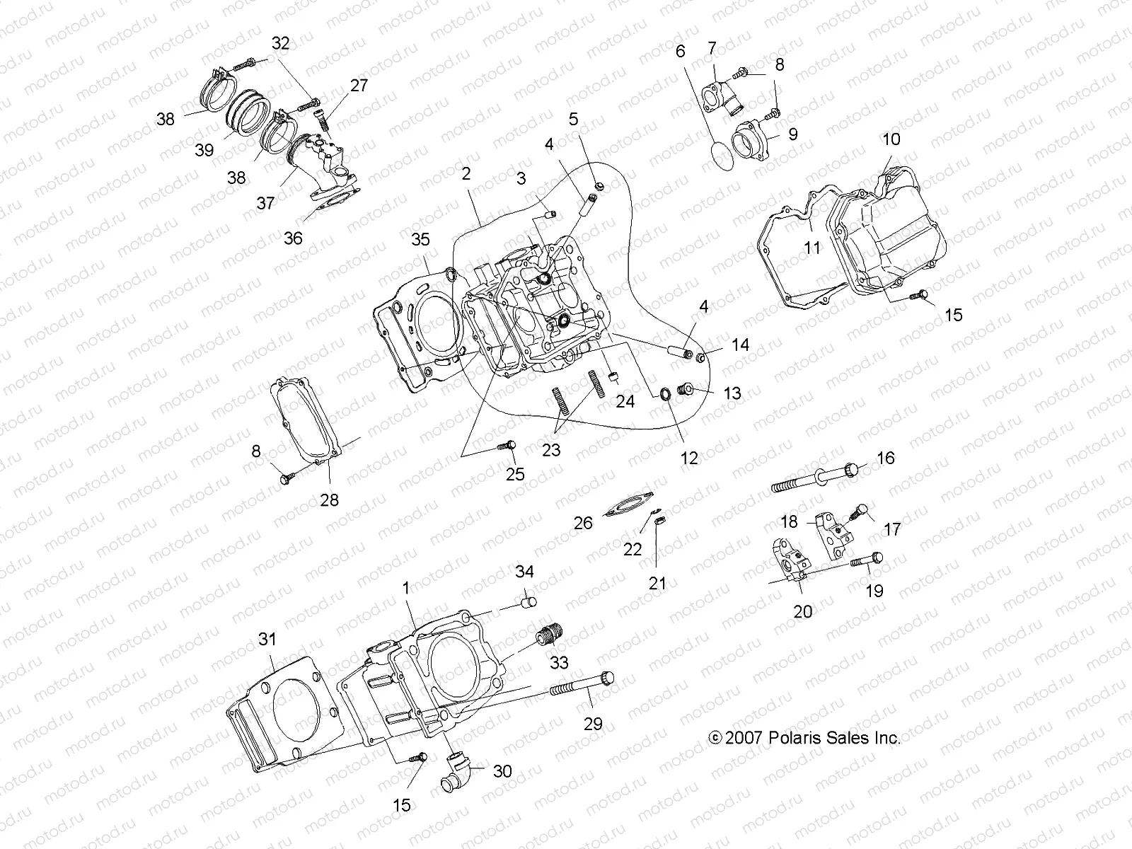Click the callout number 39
pos(204,150)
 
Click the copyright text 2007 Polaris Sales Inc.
pos(804,738)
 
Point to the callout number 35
pos(420,240)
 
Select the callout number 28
pos(329,500)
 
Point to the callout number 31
pos(266,640)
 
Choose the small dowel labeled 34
pos(528,603)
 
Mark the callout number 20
pos(802,610)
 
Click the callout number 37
pos(265,203)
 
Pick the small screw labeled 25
pos(507,446)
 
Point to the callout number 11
pos(812,248)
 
